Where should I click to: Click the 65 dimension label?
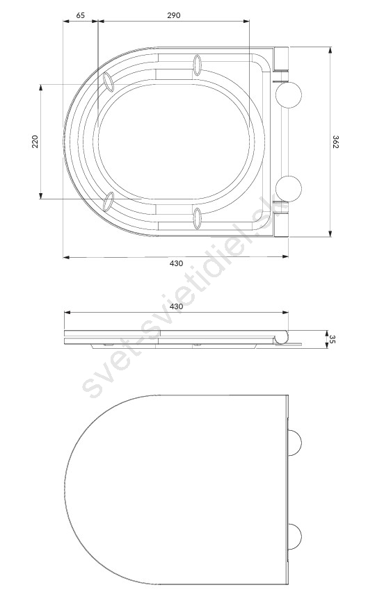pos(81,15)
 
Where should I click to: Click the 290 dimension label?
pos(174,15)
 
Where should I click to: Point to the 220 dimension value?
pos(35,142)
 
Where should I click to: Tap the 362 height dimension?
pos(335,142)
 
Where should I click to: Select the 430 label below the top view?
pos(176,263)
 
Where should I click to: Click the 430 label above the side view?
pos(176,306)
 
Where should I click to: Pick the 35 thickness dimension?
pos(333,339)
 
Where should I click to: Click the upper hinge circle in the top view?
pos(289,94)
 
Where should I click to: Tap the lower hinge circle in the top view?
pos(289,189)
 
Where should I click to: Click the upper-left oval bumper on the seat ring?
pos(109,82)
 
